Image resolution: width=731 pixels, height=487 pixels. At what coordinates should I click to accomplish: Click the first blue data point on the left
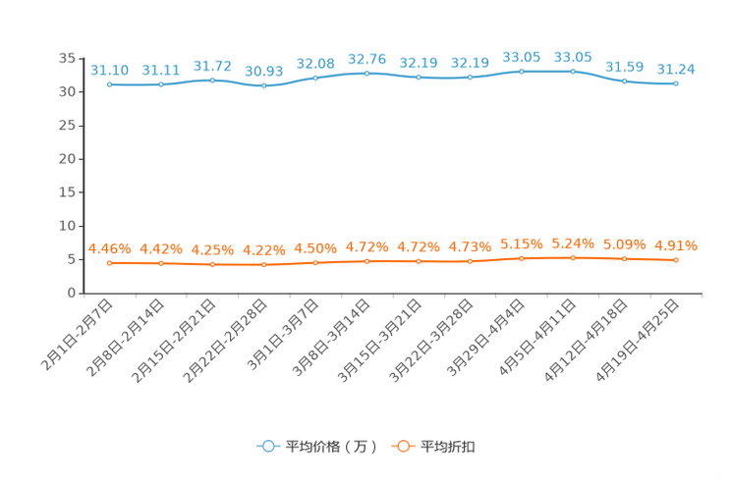click(x=110, y=84)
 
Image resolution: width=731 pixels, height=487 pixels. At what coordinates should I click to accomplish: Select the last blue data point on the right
click(x=676, y=83)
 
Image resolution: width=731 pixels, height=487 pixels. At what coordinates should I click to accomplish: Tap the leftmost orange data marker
click(x=110, y=263)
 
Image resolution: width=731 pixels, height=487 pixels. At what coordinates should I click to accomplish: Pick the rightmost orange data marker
click(x=676, y=260)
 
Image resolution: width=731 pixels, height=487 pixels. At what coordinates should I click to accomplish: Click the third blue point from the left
click(x=213, y=80)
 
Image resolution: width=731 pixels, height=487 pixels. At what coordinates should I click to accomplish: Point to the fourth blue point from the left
click(x=263, y=86)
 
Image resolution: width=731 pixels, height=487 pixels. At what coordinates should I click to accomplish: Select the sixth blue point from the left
click(x=366, y=73)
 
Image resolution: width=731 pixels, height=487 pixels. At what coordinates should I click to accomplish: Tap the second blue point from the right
click(x=624, y=81)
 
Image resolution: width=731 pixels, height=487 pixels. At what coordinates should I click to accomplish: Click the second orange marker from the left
click(x=161, y=263)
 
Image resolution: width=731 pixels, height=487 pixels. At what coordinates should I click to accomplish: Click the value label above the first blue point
click(x=110, y=70)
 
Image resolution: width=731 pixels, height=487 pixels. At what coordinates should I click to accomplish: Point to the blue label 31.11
click(x=161, y=70)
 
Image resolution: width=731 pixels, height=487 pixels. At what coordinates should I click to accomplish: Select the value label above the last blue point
click(x=676, y=69)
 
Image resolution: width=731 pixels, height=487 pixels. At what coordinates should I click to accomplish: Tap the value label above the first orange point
click(x=110, y=249)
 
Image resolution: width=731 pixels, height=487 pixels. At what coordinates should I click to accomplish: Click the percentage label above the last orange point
click(x=676, y=246)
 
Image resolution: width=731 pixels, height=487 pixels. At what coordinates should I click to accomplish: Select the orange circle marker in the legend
click(x=403, y=447)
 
